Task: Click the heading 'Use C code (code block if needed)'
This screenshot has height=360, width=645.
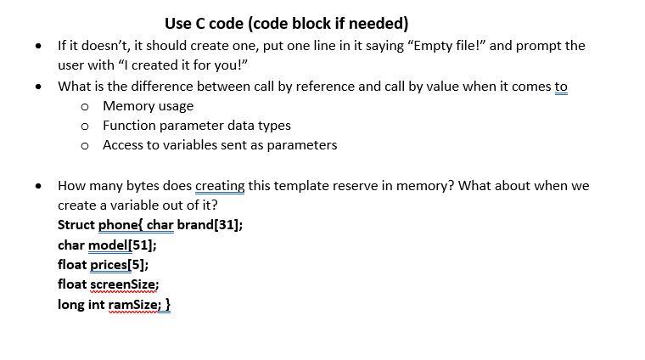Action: pyautogui.click(x=286, y=23)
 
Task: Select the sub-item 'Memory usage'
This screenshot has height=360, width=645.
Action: pyautogui.click(x=148, y=106)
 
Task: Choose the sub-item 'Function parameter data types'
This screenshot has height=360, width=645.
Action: pyautogui.click(x=196, y=126)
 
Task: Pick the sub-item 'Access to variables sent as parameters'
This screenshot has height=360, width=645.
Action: pyautogui.click(x=219, y=145)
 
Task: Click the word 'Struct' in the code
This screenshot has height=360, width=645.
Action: pyautogui.click(x=76, y=226)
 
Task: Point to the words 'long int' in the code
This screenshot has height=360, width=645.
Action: pyautogui.click(x=81, y=304)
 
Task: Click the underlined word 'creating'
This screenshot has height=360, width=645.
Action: pyautogui.click(x=219, y=186)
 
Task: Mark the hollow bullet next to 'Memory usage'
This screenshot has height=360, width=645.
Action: pyautogui.click(x=85, y=106)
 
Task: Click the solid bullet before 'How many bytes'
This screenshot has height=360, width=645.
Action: pyautogui.click(x=38, y=186)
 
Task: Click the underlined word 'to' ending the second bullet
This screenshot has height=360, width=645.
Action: pyautogui.click(x=561, y=87)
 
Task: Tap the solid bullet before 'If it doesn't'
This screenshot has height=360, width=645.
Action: pyautogui.click(x=38, y=46)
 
